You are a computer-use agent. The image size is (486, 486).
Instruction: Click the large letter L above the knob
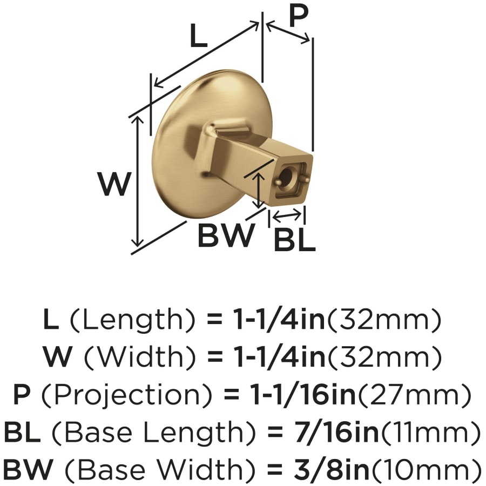(x=198, y=36)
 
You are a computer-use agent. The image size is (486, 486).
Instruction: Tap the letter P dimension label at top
(x=299, y=16)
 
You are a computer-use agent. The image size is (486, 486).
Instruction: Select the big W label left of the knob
(x=114, y=184)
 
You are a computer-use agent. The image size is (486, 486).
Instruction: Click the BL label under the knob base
(x=294, y=239)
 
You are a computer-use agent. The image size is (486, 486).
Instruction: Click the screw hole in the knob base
(x=285, y=179)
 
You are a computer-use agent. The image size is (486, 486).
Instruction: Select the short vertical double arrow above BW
(x=258, y=191)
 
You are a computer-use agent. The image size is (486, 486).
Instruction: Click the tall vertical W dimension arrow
(x=137, y=181)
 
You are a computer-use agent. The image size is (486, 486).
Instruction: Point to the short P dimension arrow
(x=288, y=32)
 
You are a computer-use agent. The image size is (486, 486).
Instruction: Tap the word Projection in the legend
(x=127, y=395)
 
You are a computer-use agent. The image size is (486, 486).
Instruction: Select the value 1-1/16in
(x=302, y=395)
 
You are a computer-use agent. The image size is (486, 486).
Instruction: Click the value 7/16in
(x=336, y=433)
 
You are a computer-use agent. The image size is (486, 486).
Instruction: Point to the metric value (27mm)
(x=415, y=395)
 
